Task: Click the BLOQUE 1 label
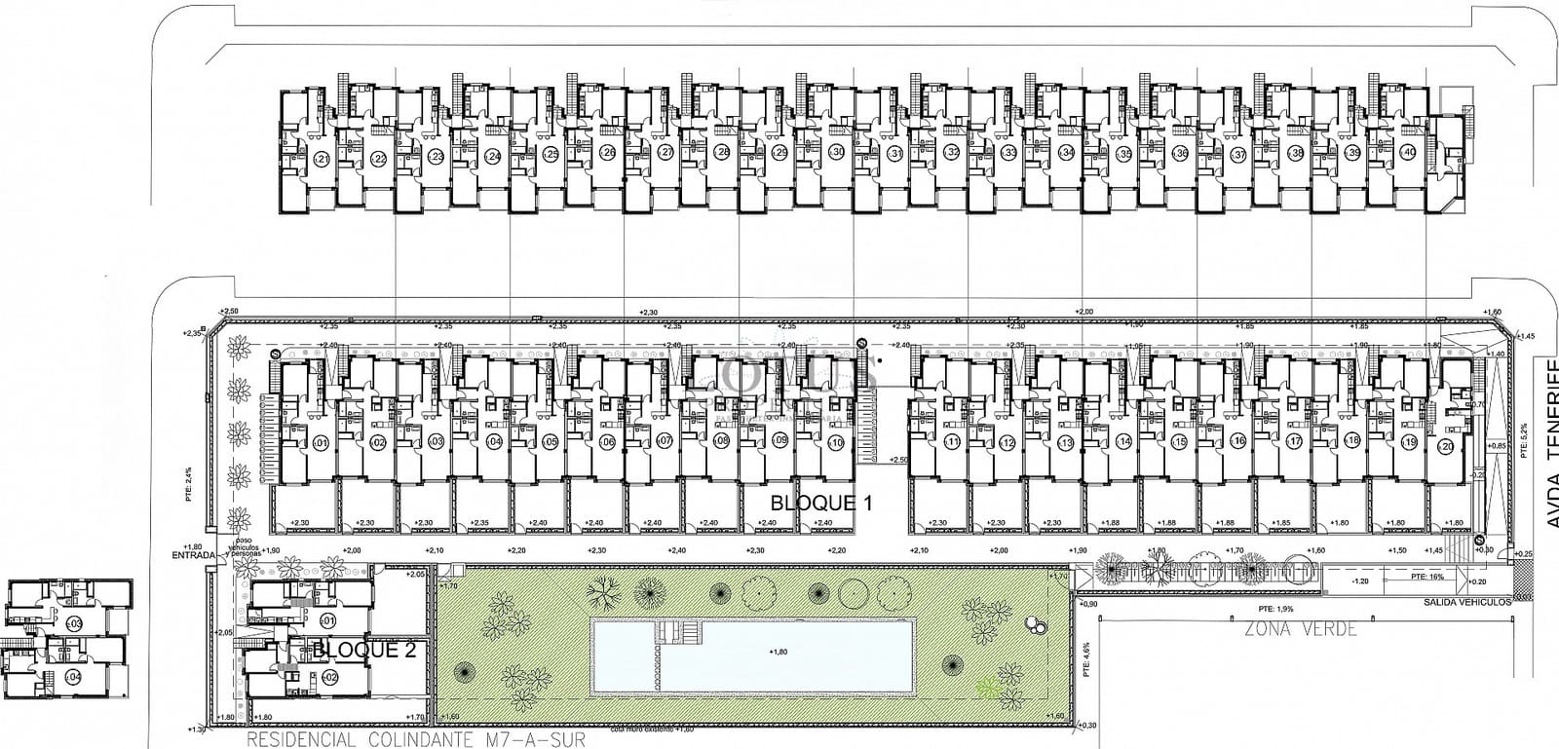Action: point(820,504)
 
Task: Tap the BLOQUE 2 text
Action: point(364,651)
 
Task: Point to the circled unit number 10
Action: point(836,443)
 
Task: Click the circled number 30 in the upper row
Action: point(837,153)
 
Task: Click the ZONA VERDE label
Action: point(1300,629)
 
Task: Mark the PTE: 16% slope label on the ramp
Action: point(1429,577)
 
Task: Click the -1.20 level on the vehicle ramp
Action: point(1361,580)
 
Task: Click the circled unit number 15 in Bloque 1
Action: point(1179,443)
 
